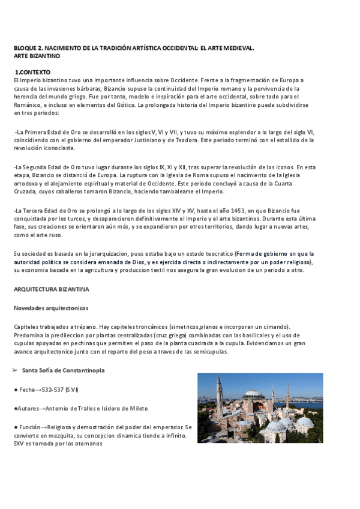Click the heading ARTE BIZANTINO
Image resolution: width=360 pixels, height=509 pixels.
(37, 56)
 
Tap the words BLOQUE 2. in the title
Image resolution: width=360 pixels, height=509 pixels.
(28, 48)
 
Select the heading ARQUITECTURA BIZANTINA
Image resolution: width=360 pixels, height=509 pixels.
(51, 289)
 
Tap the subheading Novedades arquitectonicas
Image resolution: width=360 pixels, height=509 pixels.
(51, 308)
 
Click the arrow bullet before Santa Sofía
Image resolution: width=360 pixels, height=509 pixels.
(16, 371)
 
